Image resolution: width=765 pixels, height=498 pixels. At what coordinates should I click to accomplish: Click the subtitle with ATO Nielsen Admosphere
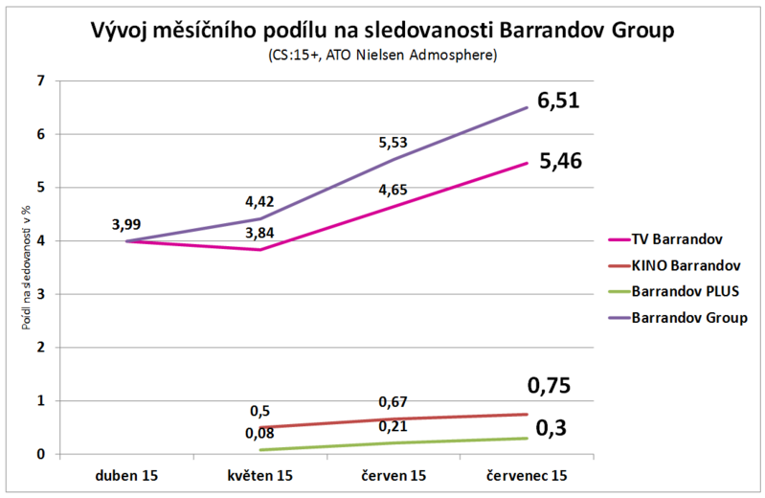point(382,57)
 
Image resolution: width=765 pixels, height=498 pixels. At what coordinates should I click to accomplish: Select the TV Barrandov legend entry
point(677,238)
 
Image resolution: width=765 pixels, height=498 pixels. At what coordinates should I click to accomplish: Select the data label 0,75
point(549,386)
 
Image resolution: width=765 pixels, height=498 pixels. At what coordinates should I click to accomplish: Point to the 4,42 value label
point(259,202)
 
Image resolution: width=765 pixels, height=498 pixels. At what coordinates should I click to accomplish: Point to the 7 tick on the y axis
point(40,81)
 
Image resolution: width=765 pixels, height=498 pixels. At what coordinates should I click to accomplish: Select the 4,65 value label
point(393,190)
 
